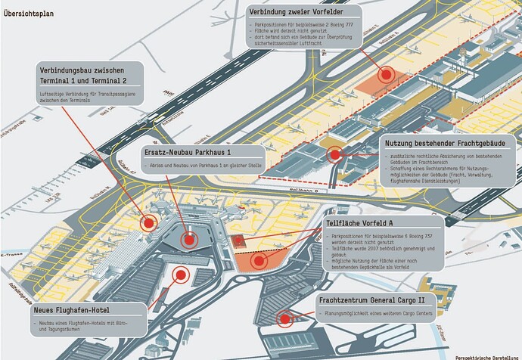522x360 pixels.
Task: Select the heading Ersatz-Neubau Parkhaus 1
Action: (x=188, y=151)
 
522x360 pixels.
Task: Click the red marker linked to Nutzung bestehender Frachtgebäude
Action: (x=335, y=154)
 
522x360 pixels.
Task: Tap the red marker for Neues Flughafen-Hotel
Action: (x=180, y=275)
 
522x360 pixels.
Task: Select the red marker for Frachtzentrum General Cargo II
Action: (x=284, y=318)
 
